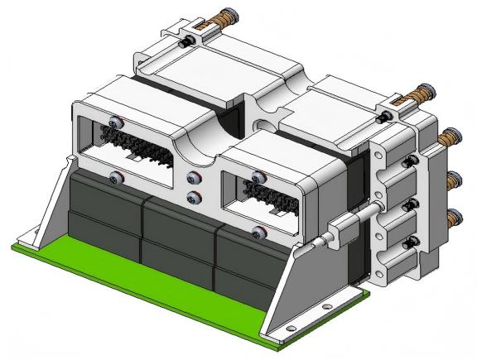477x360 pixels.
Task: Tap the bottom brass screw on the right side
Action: coord(453,219)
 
